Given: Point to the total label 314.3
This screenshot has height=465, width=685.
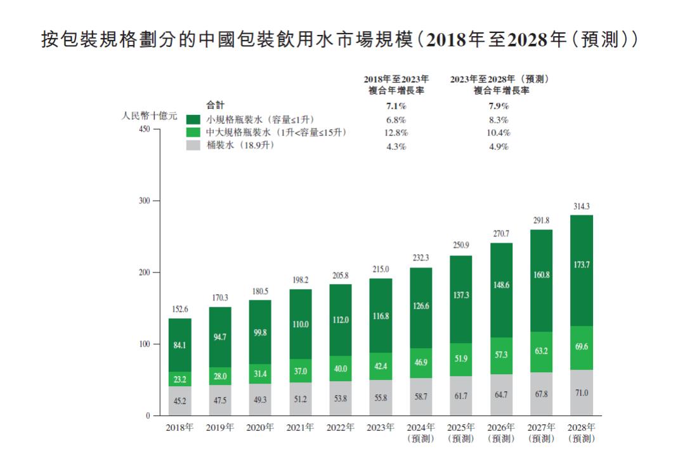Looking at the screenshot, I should pos(582,206).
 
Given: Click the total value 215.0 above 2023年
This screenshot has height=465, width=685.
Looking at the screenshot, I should pos(381,269).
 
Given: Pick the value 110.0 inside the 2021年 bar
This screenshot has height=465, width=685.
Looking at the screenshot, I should pos(300,324).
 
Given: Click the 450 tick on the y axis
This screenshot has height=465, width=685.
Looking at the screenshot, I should pos(144,130).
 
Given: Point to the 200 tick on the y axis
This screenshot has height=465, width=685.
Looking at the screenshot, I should pos(144,273).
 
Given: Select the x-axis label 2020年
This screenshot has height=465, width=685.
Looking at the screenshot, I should pos(260,428).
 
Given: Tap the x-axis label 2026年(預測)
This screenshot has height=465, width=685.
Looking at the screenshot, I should pos(501,433).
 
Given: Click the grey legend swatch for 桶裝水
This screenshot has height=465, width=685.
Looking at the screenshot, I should pos(193,145).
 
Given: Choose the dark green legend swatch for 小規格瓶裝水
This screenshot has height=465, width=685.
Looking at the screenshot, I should pos(193,119).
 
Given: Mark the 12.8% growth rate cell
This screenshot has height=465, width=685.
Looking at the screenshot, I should pos(396,133).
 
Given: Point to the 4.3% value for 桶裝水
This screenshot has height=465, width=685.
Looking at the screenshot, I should pos(396,146).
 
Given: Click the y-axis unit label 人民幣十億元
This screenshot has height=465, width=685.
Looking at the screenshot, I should pos(149,116).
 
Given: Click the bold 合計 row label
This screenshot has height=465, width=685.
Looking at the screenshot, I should pos(216,105).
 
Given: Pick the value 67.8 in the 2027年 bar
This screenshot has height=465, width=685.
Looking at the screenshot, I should pos(541,394).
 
